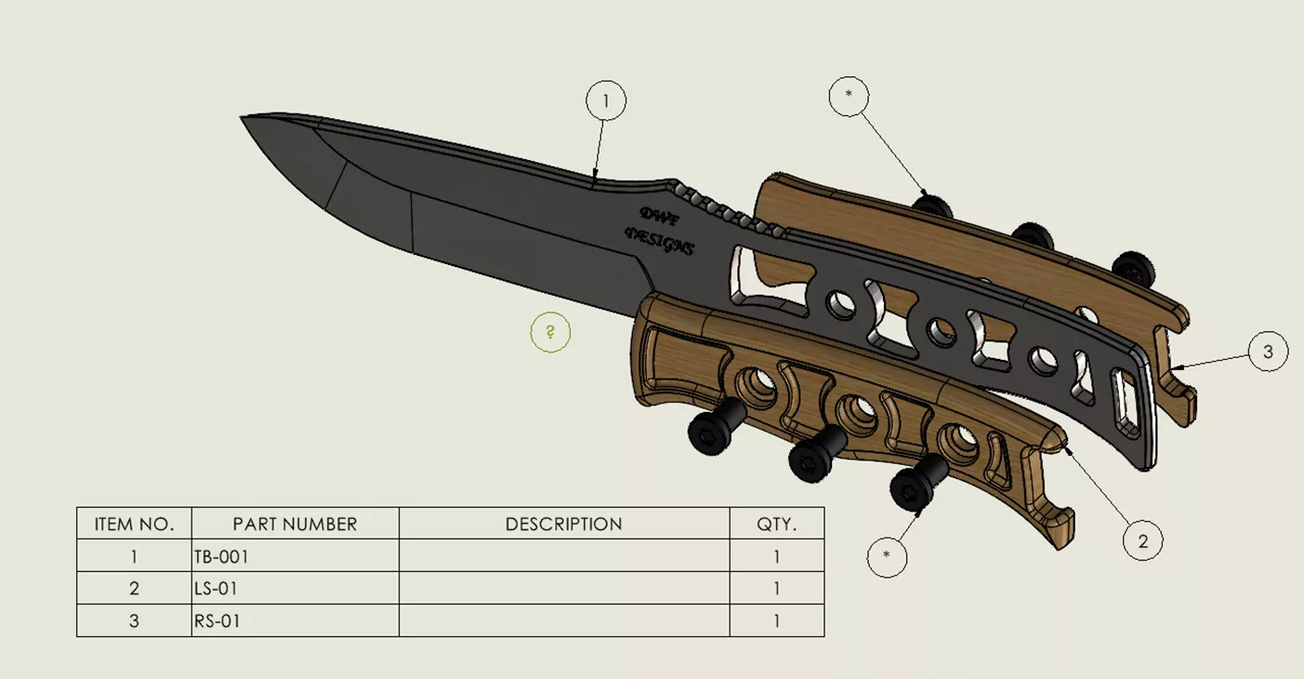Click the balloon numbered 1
(x=605, y=100)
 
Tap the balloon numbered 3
(x=1269, y=352)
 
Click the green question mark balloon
(x=550, y=332)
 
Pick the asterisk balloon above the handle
(x=849, y=95)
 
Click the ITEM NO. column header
(x=134, y=524)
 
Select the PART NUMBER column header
(x=295, y=524)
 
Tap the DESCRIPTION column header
(x=563, y=524)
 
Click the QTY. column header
(x=776, y=524)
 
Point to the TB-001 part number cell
(x=221, y=557)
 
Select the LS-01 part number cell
(x=218, y=589)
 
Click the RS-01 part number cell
(x=218, y=620)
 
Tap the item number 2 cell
(x=134, y=589)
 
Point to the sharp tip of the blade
(x=244, y=118)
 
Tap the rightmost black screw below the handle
(x=911, y=488)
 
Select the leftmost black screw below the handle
(x=708, y=428)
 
